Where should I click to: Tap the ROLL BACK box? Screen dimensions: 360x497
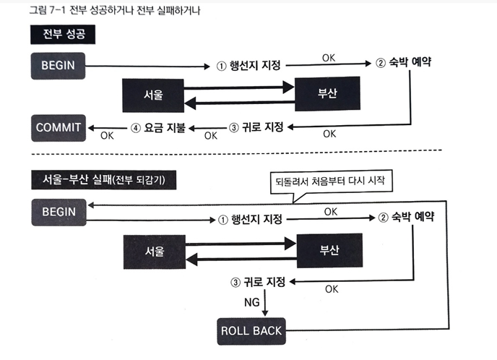(x=250, y=331)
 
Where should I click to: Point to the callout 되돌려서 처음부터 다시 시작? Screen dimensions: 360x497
(x=329, y=181)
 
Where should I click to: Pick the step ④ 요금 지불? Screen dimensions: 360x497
(x=157, y=129)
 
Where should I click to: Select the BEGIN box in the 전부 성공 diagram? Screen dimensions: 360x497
(x=59, y=67)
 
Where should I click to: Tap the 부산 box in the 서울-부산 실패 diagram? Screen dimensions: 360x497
(x=329, y=250)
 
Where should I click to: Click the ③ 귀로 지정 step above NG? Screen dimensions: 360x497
(x=257, y=280)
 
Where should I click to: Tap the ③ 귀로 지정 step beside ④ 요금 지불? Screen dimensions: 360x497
(x=257, y=128)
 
